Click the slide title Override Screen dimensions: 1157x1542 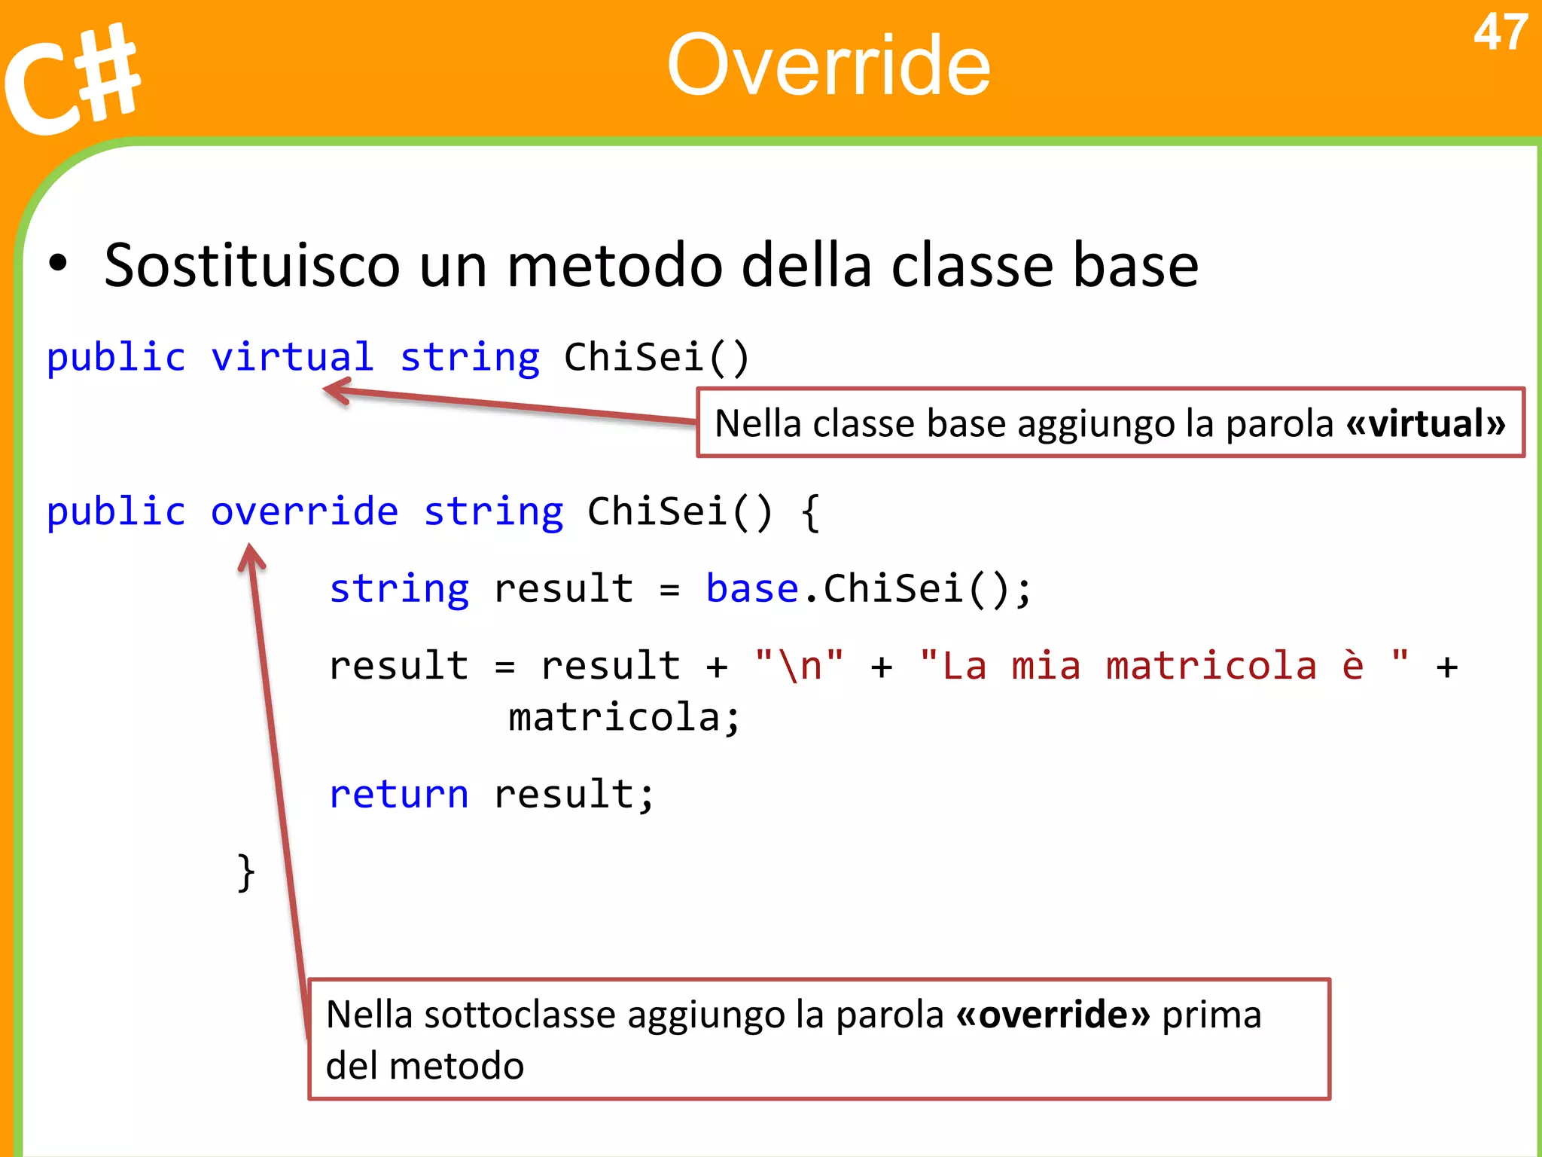(x=828, y=66)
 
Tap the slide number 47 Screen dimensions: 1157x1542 (x=1500, y=33)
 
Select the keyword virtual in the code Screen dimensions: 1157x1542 (x=292, y=357)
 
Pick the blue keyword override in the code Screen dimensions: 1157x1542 (x=304, y=511)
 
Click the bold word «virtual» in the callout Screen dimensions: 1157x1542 (x=1426, y=423)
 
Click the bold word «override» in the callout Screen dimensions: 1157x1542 (x=1053, y=1015)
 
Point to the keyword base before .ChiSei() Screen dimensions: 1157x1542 (x=751, y=588)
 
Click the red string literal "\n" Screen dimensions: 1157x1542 (x=799, y=666)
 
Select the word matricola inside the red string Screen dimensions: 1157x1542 (x=1211, y=666)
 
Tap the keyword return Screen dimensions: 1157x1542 (x=399, y=795)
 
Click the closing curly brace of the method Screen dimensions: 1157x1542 (x=246, y=872)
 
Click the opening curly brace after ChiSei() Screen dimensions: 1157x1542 (x=810, y=512)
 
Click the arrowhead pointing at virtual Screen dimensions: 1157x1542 (x=335, y=391)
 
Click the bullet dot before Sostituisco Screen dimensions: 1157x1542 (x=58, y=264)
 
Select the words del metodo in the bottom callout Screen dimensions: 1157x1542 (x=425, y=1066)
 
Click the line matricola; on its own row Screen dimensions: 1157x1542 (x=624, y=717)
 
